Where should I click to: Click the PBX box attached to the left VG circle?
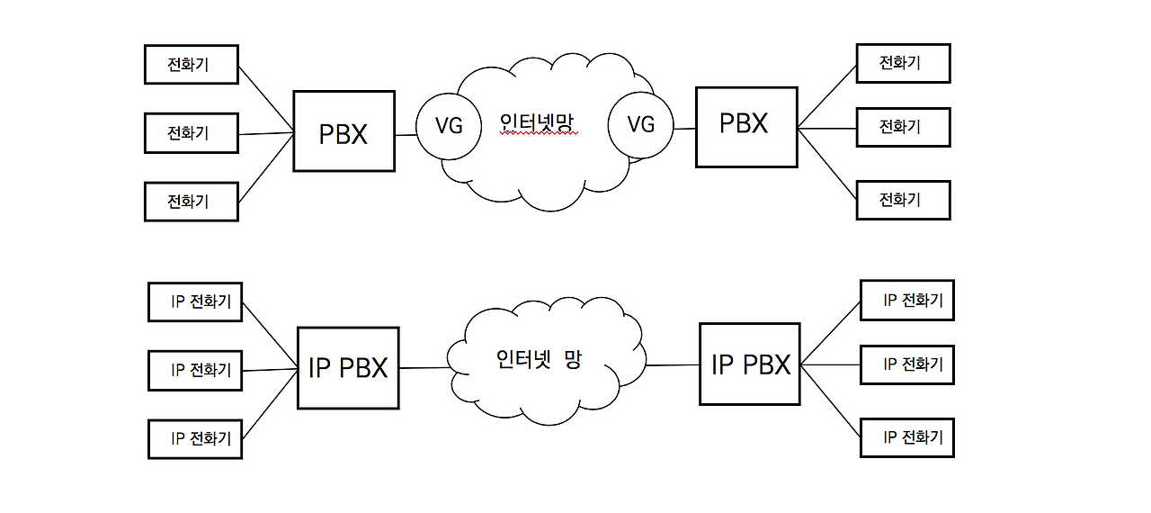(x=344, y=131)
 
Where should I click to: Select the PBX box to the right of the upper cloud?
(x=746, y=127)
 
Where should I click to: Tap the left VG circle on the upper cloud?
(x=449, y=125)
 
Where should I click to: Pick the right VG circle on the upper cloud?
(x=641, y=124)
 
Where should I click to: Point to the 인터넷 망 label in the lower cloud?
(x=540, y=360)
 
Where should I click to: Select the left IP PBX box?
(x=348, y=367)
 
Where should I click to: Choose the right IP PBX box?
(x=750, y=364)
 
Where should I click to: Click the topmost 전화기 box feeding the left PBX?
(x=191, y=64)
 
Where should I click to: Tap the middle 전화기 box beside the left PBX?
(x=191, y=133)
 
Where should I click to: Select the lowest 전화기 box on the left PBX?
(x=191, y=201)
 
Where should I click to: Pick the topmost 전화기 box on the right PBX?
(x=902, y=63)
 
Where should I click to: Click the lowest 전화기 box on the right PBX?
(x=902, y=200)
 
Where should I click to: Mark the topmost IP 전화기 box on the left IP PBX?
(x=194, y=301)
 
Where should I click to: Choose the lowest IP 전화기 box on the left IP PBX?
(x=194, y=438)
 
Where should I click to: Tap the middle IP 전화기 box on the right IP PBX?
(x=906, y=364)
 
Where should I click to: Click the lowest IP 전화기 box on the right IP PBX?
(x=906, y=437)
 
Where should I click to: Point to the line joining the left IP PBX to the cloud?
(x=424, y=367)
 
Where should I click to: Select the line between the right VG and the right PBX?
(x=686, y=129)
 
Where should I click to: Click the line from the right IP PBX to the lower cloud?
(x=673, y=364)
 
